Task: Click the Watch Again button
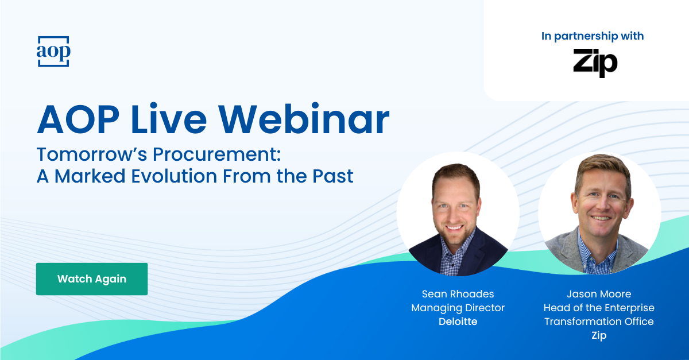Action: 92,279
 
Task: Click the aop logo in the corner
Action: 53,52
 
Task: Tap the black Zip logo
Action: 595,63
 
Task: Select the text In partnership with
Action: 593,36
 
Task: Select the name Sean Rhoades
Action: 458,294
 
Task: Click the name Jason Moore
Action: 599,294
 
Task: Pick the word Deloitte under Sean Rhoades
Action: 458,322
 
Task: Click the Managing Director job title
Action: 458,308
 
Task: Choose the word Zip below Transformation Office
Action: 599,335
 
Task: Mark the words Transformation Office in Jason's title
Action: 599,322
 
